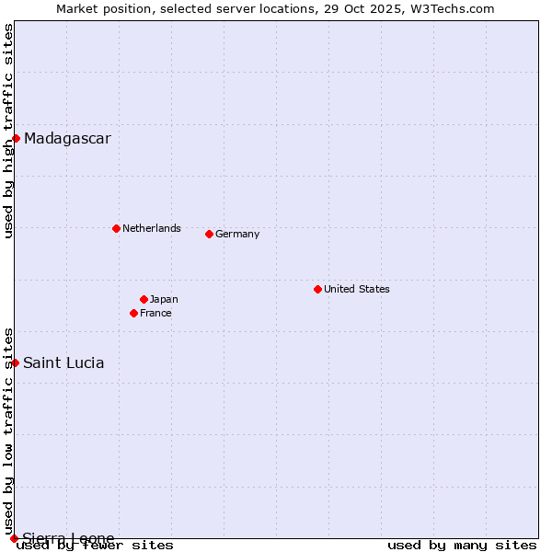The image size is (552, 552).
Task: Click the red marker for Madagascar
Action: (16, 139)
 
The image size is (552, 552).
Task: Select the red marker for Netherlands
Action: (116, 228)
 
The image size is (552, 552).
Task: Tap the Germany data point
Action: (209, 234)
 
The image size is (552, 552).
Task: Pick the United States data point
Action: (317, 289)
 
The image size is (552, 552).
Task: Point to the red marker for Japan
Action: (144, 299)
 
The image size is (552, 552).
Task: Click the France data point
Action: (134, 313)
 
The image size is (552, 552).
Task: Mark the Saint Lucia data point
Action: (15, 362)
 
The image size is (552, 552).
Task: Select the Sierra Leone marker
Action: (14, 538)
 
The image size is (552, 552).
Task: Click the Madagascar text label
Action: (67, 139)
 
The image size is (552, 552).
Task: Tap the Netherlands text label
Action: (152, 228)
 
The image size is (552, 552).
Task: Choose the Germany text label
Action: (237, 234)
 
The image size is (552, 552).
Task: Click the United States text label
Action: (357, 289)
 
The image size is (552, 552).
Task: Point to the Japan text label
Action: (164, 299)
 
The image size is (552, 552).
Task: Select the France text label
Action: (155, 313)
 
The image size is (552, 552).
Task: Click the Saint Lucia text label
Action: (63, 362)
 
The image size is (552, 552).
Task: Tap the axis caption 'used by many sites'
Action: (462, 545)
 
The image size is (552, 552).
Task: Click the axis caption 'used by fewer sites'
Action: (96, 545)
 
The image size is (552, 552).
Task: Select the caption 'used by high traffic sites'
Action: (8, 131)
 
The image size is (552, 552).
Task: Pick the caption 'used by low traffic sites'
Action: (8, 431)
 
